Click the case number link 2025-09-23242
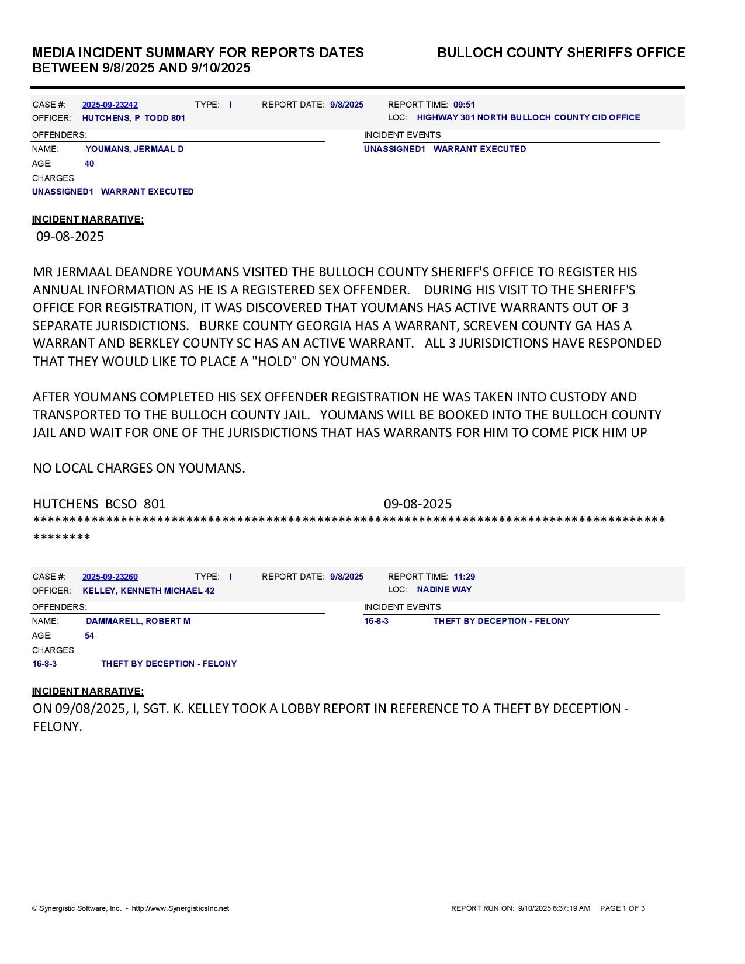110,105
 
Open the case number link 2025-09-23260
110,577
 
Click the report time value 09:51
464,105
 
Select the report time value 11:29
464,577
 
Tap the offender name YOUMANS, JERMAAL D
134,149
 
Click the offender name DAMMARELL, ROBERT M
138,621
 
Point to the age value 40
89,164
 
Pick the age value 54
89,636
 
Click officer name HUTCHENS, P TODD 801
133,118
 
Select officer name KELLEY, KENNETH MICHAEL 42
148,591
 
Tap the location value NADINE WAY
444,590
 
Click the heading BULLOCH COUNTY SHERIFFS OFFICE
561,53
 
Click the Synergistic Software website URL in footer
181,908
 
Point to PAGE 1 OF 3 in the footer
622,908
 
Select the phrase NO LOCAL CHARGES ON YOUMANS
139,468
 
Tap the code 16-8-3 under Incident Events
376,621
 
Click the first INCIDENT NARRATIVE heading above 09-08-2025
88,219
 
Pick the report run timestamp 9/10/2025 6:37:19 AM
554,908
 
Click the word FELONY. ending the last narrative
57,726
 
